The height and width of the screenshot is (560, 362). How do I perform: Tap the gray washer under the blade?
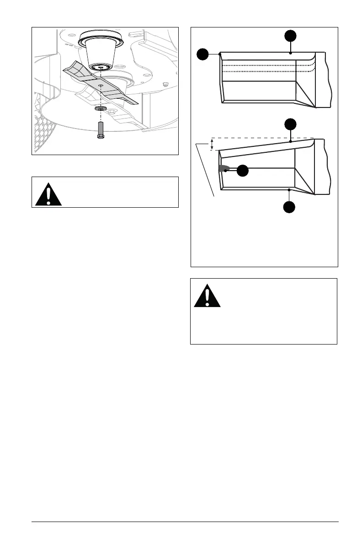[x=100, y=109]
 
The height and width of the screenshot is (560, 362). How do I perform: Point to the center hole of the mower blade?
[x=101, y=85]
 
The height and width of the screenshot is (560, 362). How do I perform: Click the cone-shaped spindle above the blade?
[x=100, y=53]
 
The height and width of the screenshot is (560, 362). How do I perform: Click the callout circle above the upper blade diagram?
[x=291, y=36]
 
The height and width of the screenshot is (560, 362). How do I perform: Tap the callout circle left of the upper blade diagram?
[x=203, y=54]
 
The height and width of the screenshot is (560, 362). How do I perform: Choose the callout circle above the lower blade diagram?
[x=291, y=124]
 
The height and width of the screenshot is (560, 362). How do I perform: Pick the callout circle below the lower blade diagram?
[x=289, y=207]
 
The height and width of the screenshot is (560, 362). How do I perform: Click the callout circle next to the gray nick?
[x=242, y=171]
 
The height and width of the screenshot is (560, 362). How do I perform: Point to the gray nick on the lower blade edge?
[x=224, y=168]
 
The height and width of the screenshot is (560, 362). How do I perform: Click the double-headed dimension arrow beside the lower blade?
[x=212, y=144]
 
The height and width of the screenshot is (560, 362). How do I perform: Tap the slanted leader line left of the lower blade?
[x=205, y=169]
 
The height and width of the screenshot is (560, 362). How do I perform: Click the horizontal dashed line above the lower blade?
[x=261, y=138]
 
